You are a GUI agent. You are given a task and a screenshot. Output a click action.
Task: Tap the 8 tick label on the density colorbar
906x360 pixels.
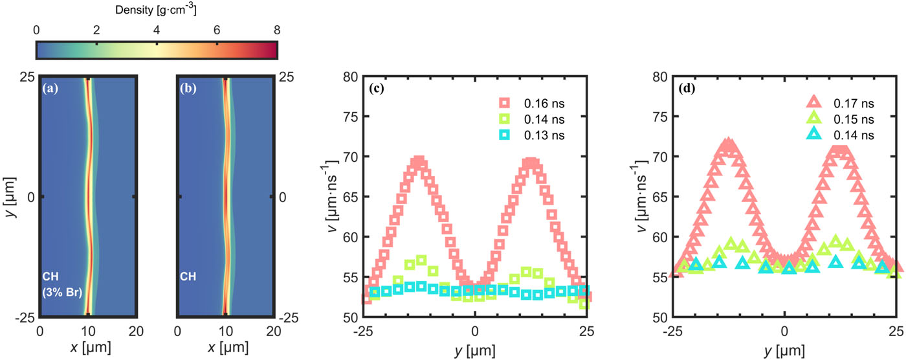click(x=277, y=30)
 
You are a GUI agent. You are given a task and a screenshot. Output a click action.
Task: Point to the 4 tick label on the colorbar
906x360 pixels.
click(x=156, y=30)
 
